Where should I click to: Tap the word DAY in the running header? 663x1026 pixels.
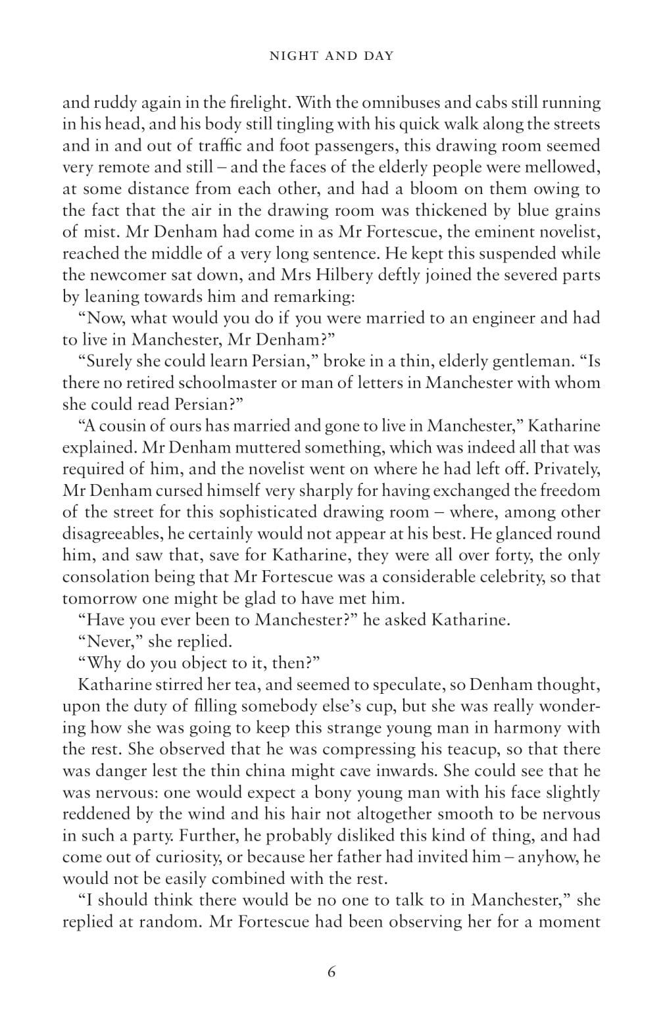377,56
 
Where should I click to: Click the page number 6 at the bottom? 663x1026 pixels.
331,971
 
